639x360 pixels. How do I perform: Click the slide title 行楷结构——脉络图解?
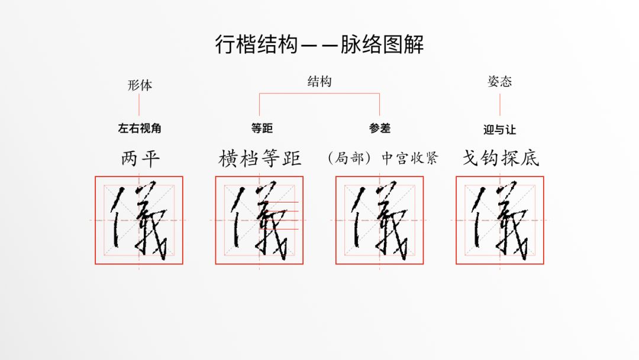click(319, 44)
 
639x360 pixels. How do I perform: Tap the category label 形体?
click(140, 85)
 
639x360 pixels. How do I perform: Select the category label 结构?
click(319, 82)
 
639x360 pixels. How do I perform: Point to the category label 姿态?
click(499, 82)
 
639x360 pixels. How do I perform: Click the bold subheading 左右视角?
click(140, 128)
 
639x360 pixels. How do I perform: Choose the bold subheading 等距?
click(262, 128)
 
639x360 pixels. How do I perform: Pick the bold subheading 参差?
click(380, 128)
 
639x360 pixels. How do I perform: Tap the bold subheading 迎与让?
click(499, 130)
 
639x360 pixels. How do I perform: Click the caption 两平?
click(140, 159)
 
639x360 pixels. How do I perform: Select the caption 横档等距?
click(260, 159)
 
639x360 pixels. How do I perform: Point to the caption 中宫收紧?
click(409, 158)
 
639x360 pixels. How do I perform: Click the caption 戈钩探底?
click(501, 158)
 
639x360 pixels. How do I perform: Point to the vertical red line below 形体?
click(139, 105)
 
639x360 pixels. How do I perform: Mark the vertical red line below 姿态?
click(500, 105)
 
